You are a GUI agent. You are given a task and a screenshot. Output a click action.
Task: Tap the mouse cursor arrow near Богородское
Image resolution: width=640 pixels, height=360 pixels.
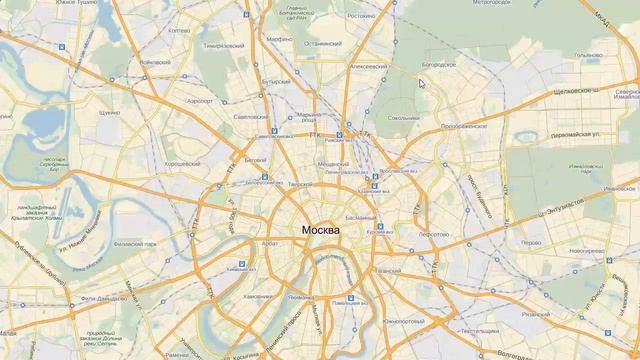click(422, 83)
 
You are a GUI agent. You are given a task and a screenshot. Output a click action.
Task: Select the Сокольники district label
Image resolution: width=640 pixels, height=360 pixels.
click(404, 118)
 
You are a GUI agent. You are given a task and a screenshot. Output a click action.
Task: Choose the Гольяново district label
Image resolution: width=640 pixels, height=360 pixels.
click(587, 55)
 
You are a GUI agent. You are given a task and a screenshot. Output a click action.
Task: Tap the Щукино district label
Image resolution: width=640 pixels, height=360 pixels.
click(111, 113)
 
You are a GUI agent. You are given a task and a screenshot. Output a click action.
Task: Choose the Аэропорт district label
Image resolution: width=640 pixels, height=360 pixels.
click(201, 102)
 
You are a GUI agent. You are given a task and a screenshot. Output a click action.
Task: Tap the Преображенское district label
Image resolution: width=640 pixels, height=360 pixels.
click(464, 128)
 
